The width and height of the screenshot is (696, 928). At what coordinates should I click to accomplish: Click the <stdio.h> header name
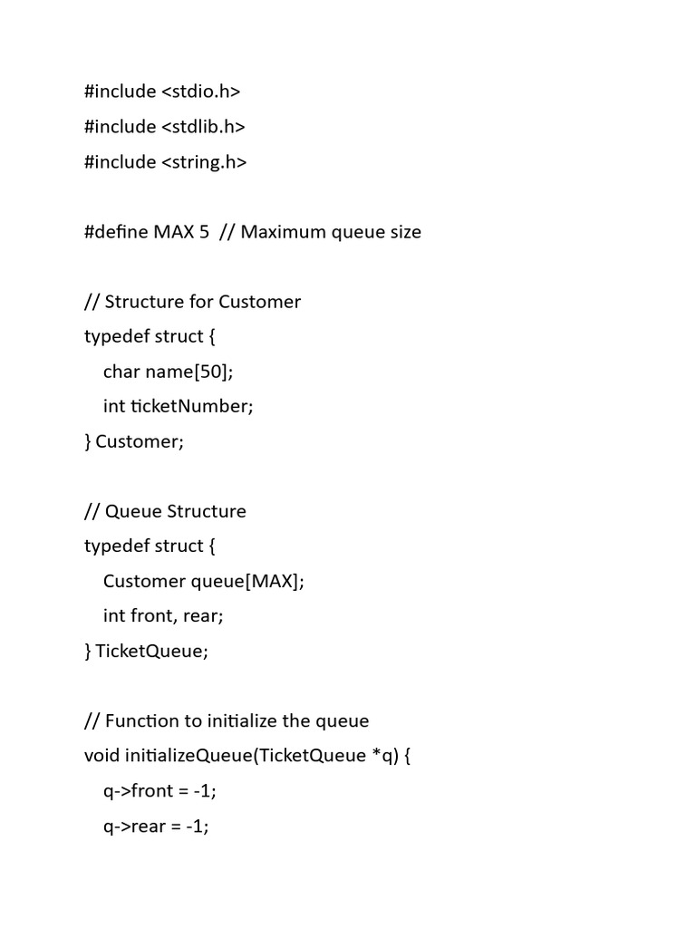click(x=201, y=92)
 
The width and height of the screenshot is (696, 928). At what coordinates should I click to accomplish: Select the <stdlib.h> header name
click(x=204, y=127)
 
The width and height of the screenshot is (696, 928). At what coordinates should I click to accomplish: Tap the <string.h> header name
click(x=204, y=162)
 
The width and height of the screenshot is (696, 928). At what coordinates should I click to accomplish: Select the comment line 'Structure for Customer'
click(x=203, y=302)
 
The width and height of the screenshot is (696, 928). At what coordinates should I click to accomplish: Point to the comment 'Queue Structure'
click(x=176, y=511)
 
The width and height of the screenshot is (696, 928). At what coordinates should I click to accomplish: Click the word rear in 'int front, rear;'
click(x=200, y=616)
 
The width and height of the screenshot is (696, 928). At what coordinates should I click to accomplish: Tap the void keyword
click(x=101, y=756)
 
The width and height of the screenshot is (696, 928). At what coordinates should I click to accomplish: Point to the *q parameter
click(x=382, y=756)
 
